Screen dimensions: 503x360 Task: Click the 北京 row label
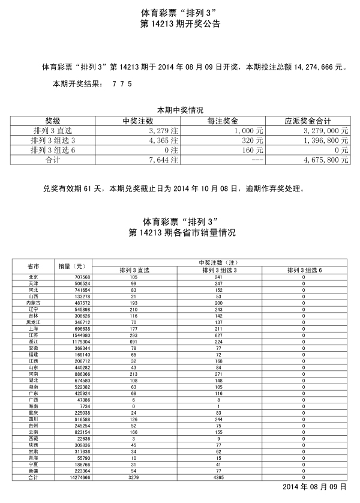point(34,277)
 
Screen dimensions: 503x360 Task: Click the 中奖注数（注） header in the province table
point(218,262)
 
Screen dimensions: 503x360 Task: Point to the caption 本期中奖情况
point(180,110)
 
